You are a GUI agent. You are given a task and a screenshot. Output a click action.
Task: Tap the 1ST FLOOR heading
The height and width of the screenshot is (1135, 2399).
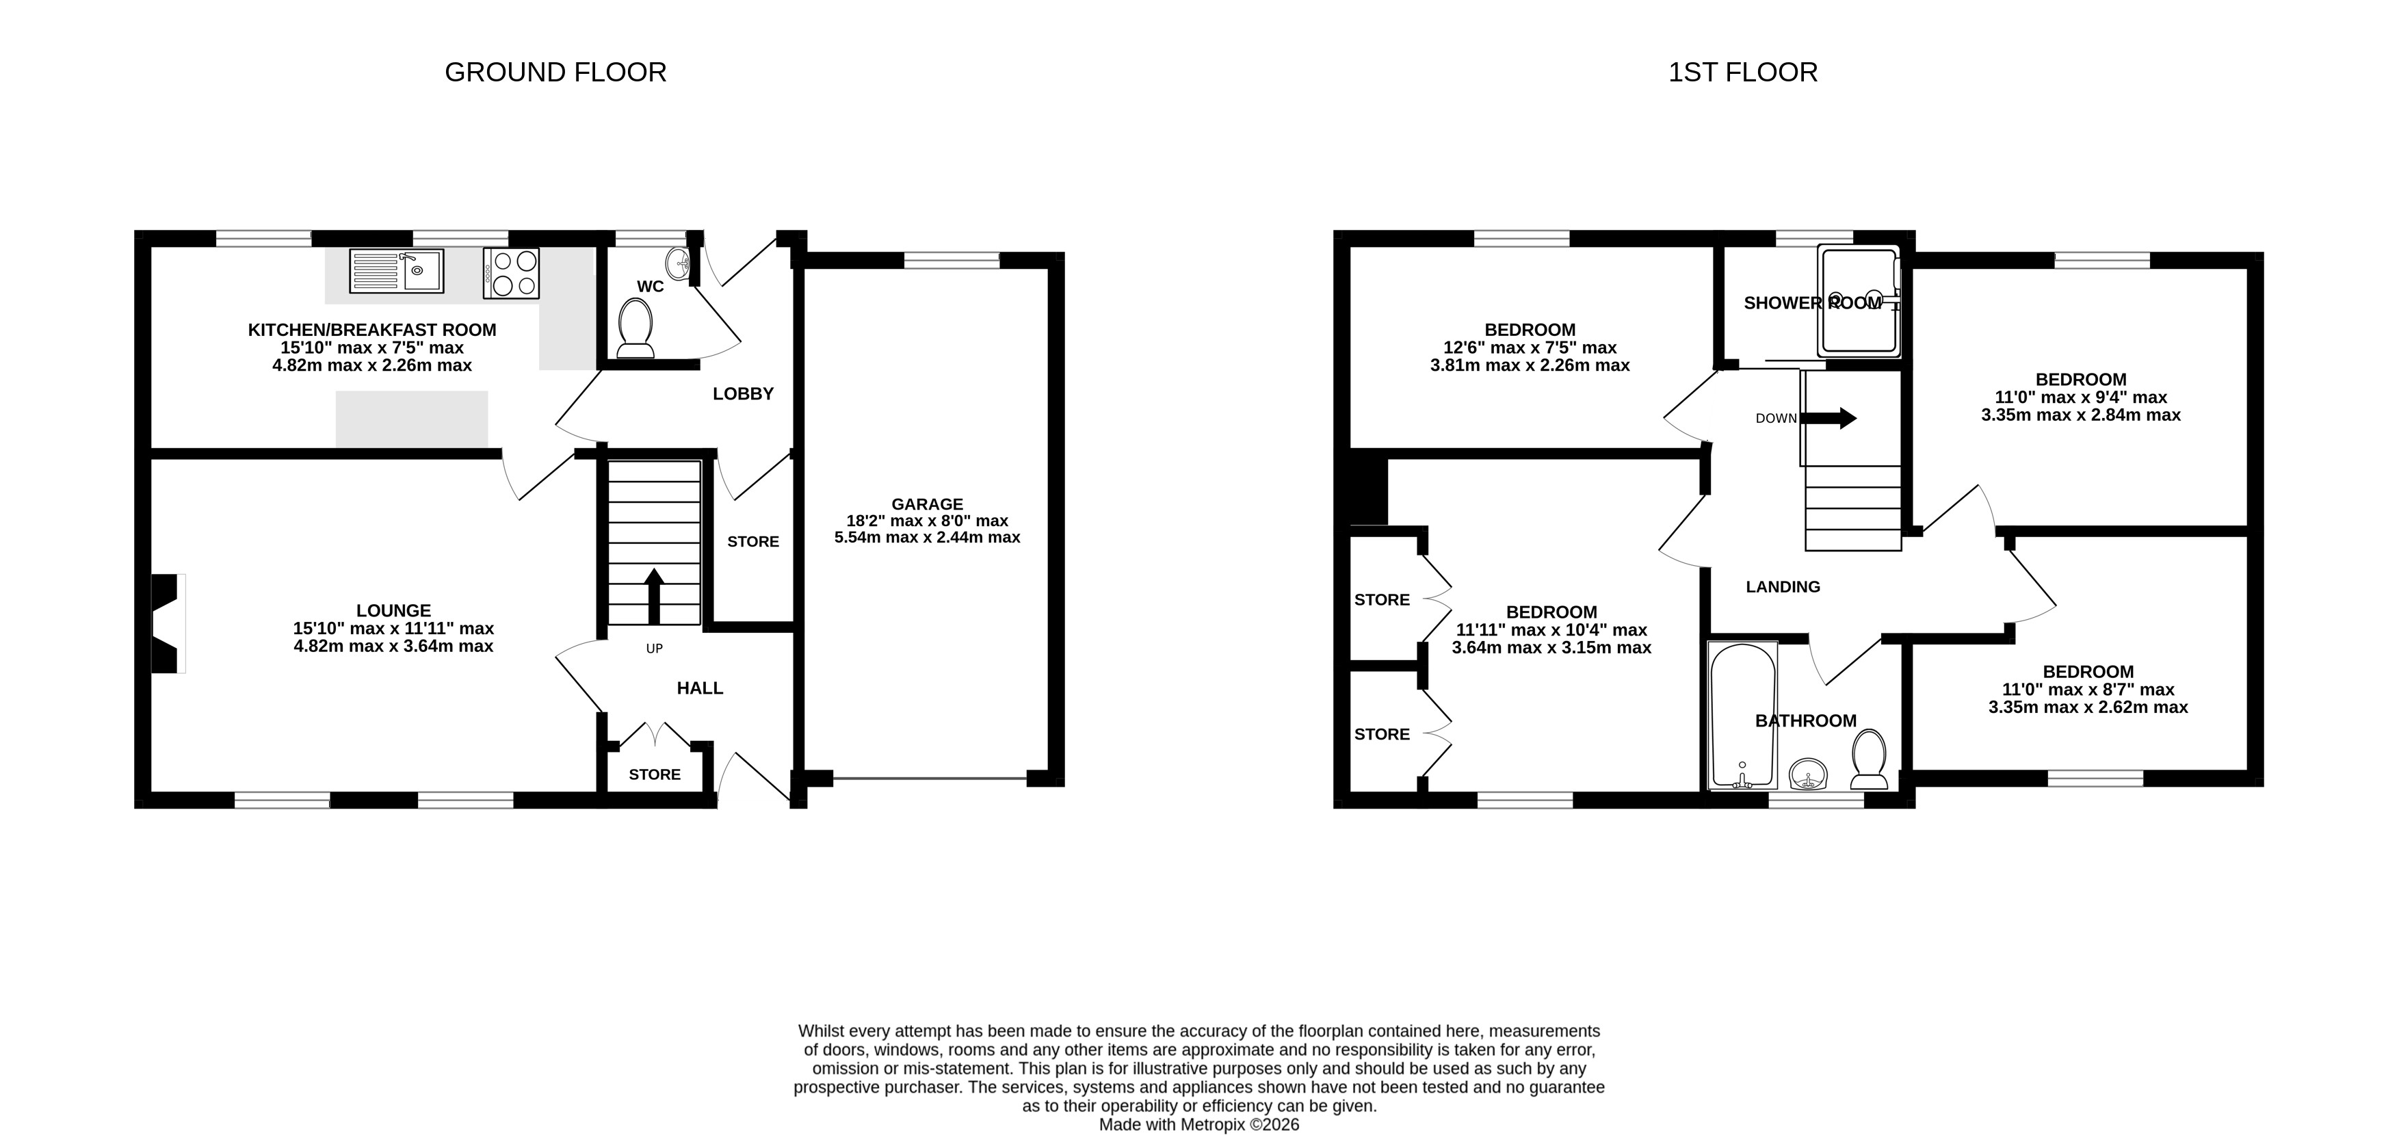pyautogui.click(x=1742, y=73)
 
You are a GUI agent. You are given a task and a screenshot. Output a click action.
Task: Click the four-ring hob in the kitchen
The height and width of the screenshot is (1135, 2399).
pyautogui.click(x=511, y=273)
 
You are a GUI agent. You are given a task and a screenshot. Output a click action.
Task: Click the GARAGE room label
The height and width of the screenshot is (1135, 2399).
pyautogui.click(x=927, y=504)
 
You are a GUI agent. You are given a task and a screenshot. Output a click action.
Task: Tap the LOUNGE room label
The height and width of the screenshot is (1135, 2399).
pyautogui.click(x=393, y=611)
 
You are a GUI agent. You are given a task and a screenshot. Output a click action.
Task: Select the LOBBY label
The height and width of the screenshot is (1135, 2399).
pyautogui.click(x=743, y=394)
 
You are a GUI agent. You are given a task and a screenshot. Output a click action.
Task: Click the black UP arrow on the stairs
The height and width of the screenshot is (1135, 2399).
pyautogui.click(x=654, y=596)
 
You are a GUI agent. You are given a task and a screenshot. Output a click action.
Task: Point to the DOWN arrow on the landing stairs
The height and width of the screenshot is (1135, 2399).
pyautogui.click(x=1829, y=418)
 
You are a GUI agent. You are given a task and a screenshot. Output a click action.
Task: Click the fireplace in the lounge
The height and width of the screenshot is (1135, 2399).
pyautogui.click(x=168, y=623)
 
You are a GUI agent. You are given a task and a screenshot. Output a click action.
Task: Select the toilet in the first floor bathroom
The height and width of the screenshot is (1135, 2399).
pyautogui.click(x=1869, y=759)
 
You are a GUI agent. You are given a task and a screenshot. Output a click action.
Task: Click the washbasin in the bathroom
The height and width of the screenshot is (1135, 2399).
pyautogui.click(x=1809, y=774)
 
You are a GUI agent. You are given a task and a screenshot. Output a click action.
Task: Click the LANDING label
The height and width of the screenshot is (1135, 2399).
pyautogui.click(x=1783, y=586)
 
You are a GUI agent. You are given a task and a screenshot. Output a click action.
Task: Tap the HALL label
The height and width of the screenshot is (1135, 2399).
pyautogui.click(x=699, y=688)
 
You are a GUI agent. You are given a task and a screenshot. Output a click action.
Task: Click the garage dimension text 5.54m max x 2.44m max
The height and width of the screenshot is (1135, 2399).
pyautogui.click(x=927, y=537)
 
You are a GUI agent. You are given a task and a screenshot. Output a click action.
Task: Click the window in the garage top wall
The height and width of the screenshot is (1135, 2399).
pyautogui.click(x=951, y=261)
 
